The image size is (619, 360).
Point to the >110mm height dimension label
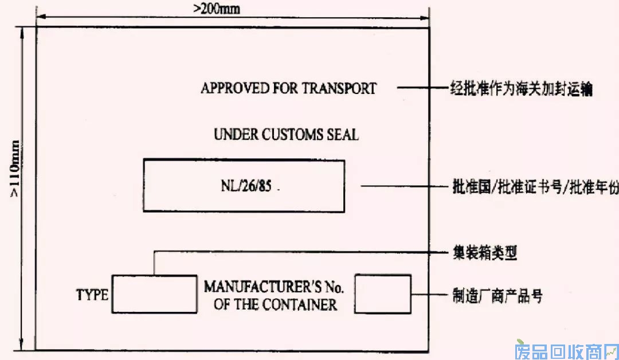[x=15, y=169]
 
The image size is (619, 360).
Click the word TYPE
[x=92, y=295]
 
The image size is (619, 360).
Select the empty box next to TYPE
[x=154, y=294]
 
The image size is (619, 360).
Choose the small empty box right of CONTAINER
[x=383, y=294]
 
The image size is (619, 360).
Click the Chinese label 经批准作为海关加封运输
[x=519, y=89]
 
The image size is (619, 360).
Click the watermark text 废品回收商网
[x=564, y=349]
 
